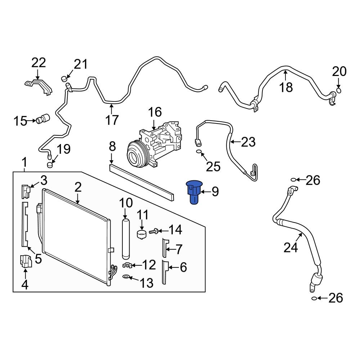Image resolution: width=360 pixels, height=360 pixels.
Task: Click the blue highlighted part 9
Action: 194,192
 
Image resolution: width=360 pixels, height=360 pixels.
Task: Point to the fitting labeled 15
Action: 43,119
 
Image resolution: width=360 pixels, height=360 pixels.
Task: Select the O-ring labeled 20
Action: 338,90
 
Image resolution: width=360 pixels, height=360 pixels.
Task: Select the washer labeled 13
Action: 126,276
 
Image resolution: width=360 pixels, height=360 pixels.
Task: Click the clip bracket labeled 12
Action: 126,266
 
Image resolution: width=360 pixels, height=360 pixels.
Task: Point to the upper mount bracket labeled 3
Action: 25,191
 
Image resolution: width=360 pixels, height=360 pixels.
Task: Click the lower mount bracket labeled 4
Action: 25,262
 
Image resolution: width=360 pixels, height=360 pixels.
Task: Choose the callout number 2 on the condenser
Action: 78,187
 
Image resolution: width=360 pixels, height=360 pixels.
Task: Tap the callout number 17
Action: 112,120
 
